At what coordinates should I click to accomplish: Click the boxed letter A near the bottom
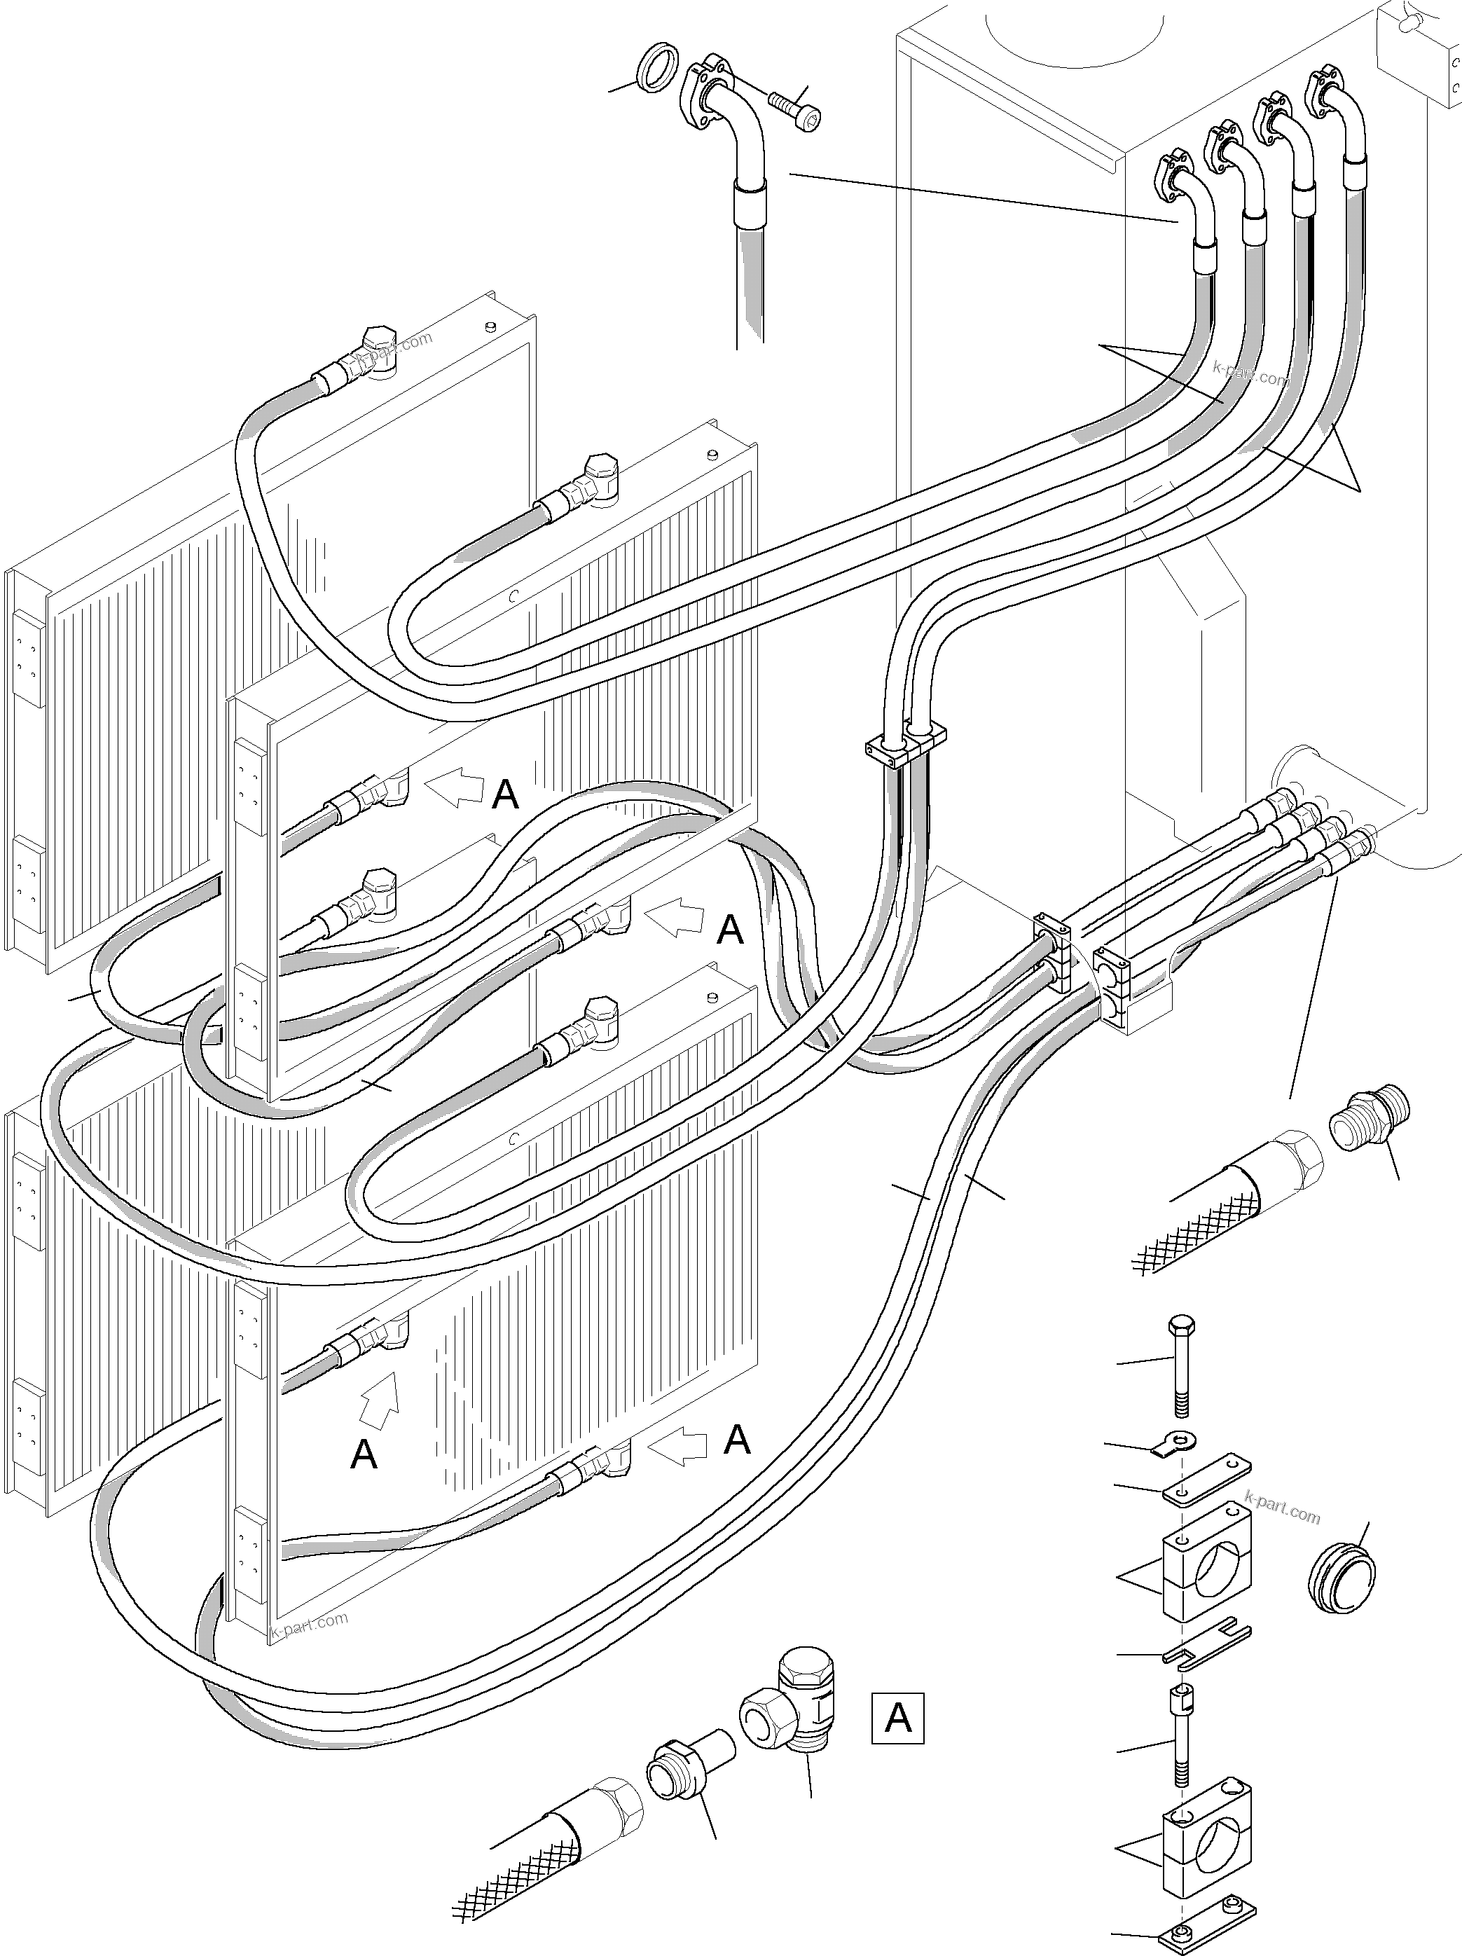click(x=897, y=1717)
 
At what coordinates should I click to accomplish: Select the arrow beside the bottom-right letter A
click(x=677, y=1446)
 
